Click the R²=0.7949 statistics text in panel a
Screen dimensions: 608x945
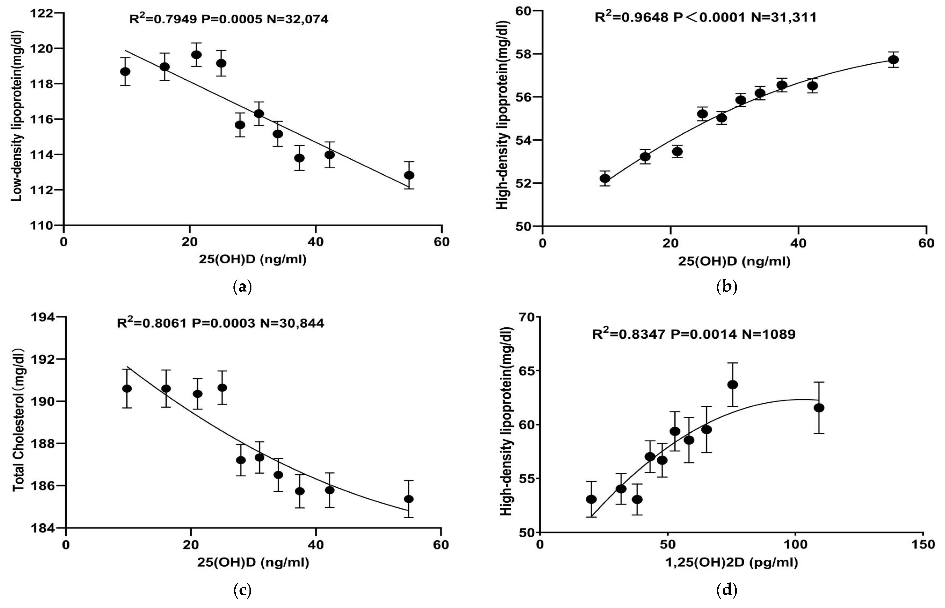pyautogui.click(x=229, y=19)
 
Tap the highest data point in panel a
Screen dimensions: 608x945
pyautogui.click(x=196, y=54)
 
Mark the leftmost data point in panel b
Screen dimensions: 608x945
pyautogui.click(x=605, y=178)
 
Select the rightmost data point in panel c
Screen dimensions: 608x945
pyautogui.click(x=409, y=499)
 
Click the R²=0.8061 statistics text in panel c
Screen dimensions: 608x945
pyautogui.click(x=221, y=323)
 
